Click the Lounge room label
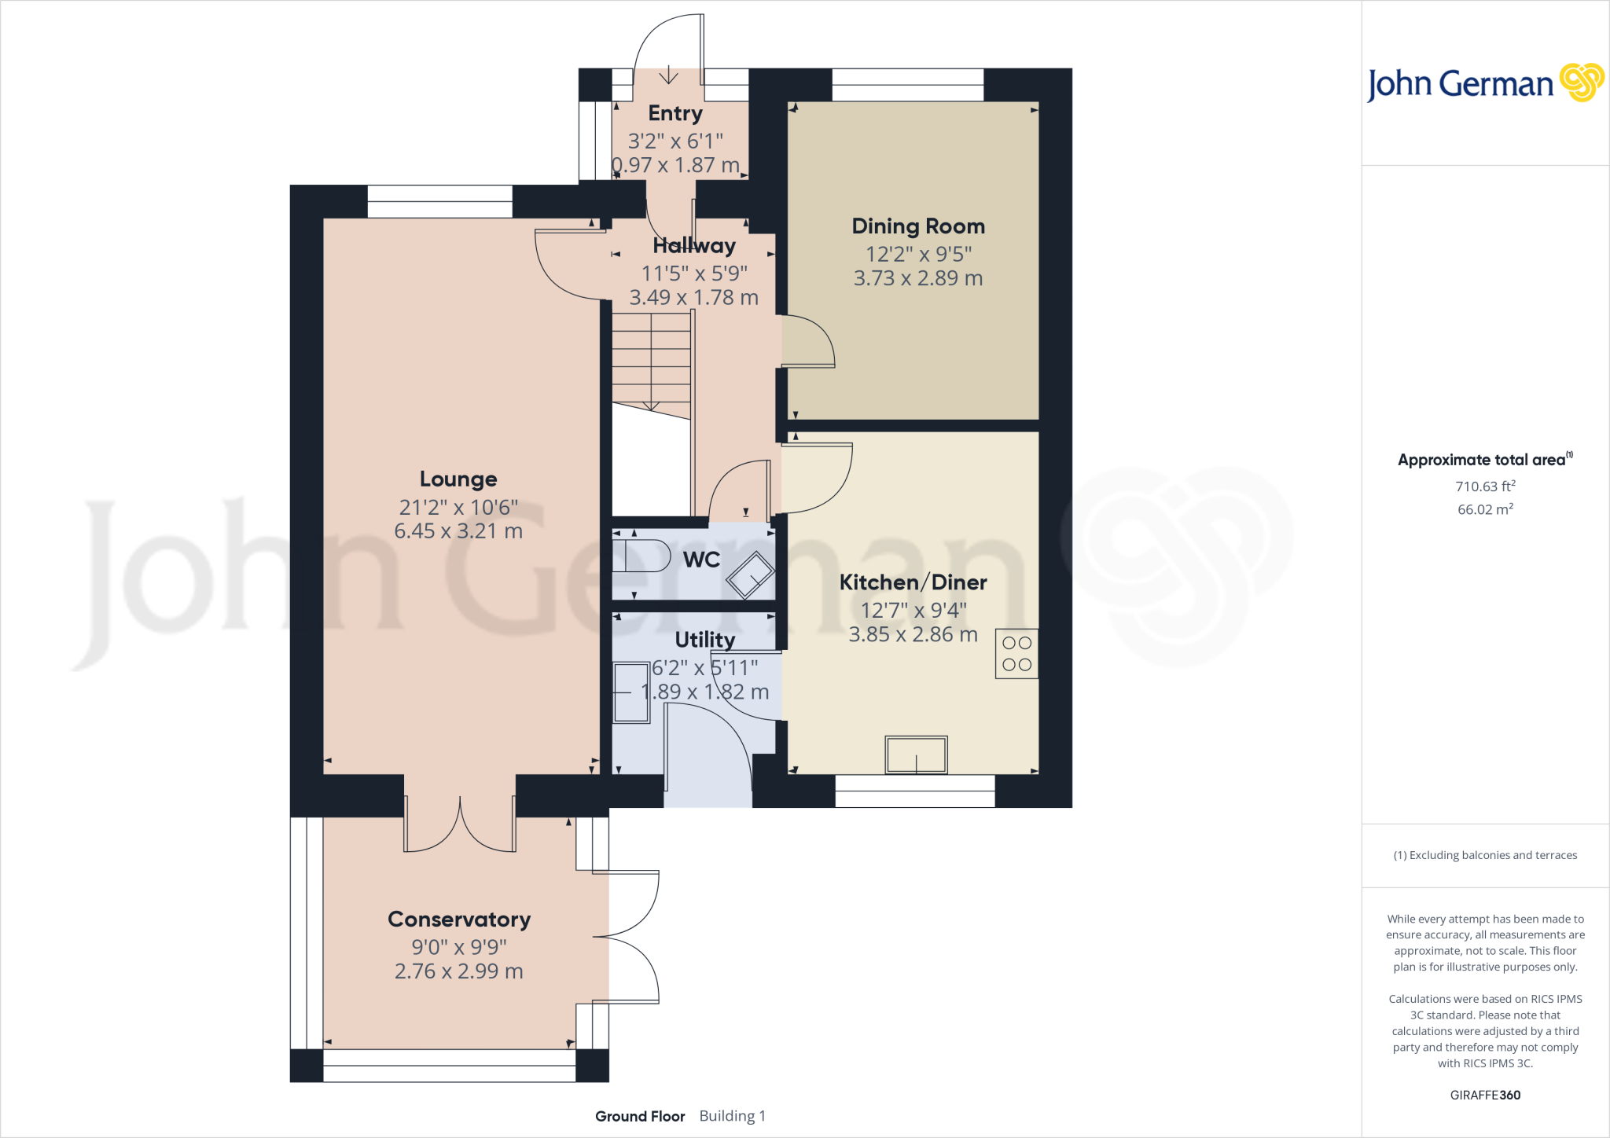(458, 479)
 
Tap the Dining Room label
(918, 226)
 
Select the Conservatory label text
(459, 920)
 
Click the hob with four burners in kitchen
(1016, 654)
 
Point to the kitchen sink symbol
(916, 755)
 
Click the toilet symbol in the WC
(641, 556)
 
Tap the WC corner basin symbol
(751, 575)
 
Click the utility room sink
(631, 692)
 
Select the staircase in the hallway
(651, 362)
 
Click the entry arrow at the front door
(668, 75)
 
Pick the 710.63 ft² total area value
(1485, 486)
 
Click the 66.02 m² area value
(1485, 509)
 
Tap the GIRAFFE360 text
(1485, 1095)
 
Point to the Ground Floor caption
(640, 1116)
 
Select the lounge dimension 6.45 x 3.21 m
(458, 531)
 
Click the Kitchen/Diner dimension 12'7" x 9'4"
(913, 610)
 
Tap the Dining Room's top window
(908, 85)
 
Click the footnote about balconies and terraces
(1485, 855)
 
